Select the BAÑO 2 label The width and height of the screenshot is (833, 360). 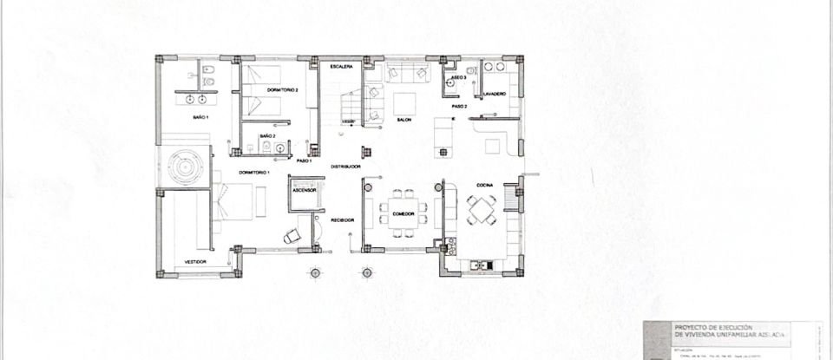[x=268, y=136]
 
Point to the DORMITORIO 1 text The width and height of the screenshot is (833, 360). [x=254, y=173]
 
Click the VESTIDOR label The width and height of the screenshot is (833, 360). [x=194, y=259]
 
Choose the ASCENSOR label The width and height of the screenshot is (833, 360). [x=303, y=193]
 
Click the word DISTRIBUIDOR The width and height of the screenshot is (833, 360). [x=344, y=167]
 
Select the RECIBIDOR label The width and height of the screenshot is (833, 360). [x=342, y=220]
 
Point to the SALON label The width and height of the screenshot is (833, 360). [x=403, y=120]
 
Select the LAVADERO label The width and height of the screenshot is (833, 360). [x=495, y=92]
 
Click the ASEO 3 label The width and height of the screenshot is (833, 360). [x=458, y=77]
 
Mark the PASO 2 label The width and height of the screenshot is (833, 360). [x=459, y=106]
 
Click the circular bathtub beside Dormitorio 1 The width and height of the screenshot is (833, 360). [x=184, y=164]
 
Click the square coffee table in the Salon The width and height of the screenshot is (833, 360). [x=403, y=97]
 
